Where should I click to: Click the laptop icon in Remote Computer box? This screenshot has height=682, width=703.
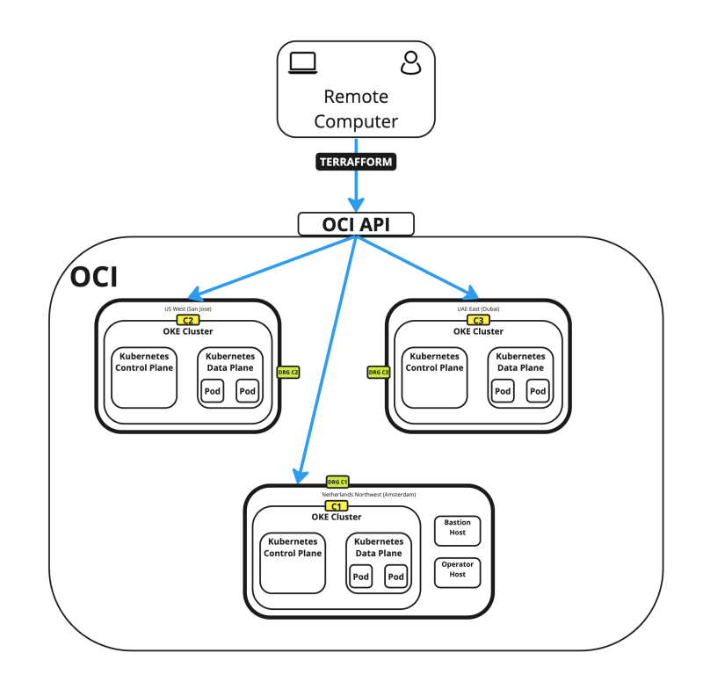pos(303,62)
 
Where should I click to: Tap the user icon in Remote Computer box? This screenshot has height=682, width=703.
pos(409,62)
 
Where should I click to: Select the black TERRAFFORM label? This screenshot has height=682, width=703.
pos(356,163)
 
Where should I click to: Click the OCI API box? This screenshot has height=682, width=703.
pos(356,224)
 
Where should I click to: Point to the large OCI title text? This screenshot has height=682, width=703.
pos(94,277)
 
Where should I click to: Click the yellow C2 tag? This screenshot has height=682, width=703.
pos(188,320)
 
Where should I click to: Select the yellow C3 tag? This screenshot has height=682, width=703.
pos(478,320)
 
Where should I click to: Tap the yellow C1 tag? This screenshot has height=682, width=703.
pos(337,506)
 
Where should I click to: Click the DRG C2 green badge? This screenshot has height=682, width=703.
pos(288,373)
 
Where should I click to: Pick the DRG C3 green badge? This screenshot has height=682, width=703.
pos(378,373)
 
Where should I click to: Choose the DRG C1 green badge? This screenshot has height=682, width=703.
pos(337,482)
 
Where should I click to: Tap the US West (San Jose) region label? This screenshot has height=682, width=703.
pos(188,309)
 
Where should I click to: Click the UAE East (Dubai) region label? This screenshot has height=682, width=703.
pos(478,309)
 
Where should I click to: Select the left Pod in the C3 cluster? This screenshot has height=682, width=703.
pos(503,391)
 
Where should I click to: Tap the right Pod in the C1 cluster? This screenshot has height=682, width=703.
pos(395,577)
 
